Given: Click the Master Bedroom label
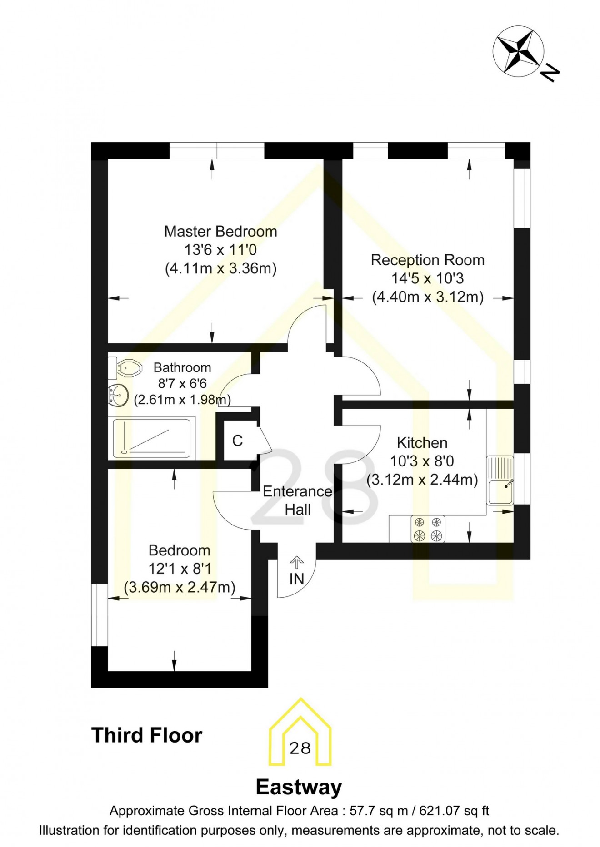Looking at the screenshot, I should [220, 232].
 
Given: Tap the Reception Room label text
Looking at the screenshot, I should [427, 260].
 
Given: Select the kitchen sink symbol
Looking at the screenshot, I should [500, 480].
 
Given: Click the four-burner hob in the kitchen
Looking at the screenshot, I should [428, 529].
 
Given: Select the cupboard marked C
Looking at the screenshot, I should [237, 441].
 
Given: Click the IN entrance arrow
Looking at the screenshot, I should [296, 564].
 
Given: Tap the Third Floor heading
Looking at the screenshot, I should [146, 735].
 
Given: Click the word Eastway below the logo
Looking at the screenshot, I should [299, 787].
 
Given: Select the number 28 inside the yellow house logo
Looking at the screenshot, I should [300, 748].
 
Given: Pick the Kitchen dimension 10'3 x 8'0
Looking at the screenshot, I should [422, 461].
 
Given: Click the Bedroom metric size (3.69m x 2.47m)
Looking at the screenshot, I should [180, 587].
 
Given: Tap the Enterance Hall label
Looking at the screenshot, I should [298, 500].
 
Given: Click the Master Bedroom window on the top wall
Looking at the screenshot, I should [217, 150].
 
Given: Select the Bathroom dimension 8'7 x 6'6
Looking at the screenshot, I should [182, 384].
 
